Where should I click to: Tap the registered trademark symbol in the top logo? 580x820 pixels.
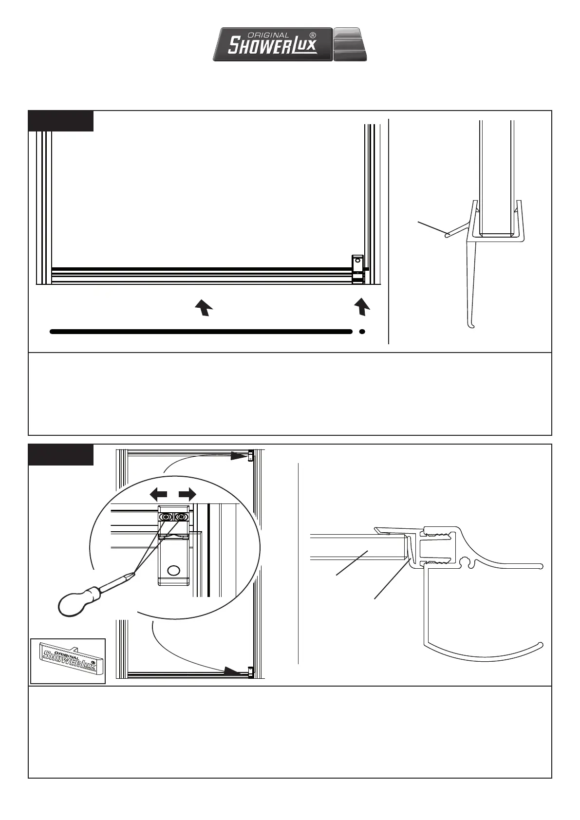tap(313, 35)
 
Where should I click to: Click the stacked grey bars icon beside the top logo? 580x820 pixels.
tap(350, 44)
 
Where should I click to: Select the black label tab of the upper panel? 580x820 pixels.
tap(61, 121)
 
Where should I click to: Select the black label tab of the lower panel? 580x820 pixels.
tap(61, 454)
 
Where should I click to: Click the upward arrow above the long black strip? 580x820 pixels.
tap(204, 308)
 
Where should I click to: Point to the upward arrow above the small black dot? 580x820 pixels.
tap(361, 307)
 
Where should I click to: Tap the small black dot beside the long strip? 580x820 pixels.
tap(362, 332)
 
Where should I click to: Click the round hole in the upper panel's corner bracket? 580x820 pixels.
tap(358, 261)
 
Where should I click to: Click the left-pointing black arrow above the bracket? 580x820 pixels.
tap(158, 495)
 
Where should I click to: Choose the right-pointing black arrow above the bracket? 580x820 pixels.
tap(187, 495)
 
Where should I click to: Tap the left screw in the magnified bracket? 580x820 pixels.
tap(167, 517)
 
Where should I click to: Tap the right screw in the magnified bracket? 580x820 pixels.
tap(181, 517)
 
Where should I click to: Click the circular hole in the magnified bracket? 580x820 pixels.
tap(174, 570)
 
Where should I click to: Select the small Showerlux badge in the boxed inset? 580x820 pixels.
tap(68, 661)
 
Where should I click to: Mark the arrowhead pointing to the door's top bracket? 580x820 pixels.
tap(239, 456)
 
